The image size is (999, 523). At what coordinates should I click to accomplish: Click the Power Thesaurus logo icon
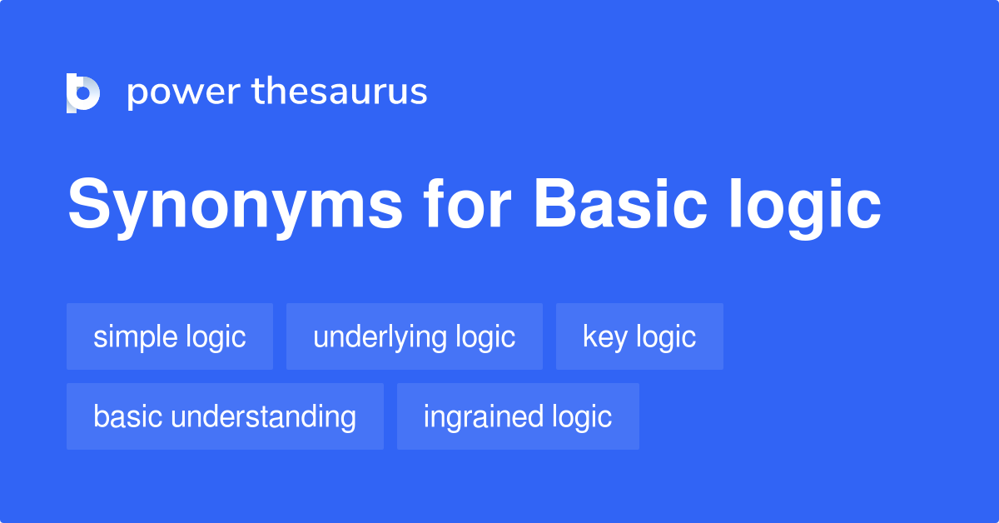pyautogui.click(x=83, y=92)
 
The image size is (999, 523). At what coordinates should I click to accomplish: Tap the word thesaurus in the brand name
pyautogui.click(x=340, y=91)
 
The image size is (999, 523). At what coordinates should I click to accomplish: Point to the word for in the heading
pyautogui.click(x=467, y=203)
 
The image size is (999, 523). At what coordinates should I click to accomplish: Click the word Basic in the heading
pyautogui.click(x=621, y=203)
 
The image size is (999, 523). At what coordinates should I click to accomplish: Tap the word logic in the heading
pyautogui.click(x=806, y=208)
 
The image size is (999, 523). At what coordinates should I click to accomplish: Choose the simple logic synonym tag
pyautogui.click(x=170, y=336)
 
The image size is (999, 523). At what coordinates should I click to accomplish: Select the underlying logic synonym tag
pyautogui.click(x=415, y=336)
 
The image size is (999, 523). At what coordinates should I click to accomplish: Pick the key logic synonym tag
pyautogui.click(x=639, y=336)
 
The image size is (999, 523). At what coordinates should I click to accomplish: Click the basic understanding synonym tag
pyautogui.click(x=225, y=416)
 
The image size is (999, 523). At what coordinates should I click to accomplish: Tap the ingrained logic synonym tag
pyautogui.click(x=518, y=416)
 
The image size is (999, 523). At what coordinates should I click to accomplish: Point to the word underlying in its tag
pyautogui.click(x=380, y=338)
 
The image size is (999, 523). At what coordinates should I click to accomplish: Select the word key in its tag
pyautogui.click(x=604, y=338)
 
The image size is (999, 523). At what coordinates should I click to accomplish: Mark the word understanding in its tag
pyautogui.click(x=264, y=417)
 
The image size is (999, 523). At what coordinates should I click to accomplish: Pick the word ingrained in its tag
pyautogui.click(x=484, y=418)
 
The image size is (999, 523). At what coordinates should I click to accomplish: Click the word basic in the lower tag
pyautogui.click(x=128, y=416)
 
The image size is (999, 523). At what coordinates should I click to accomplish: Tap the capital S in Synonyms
pyautogui.click(x=89, y=203)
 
